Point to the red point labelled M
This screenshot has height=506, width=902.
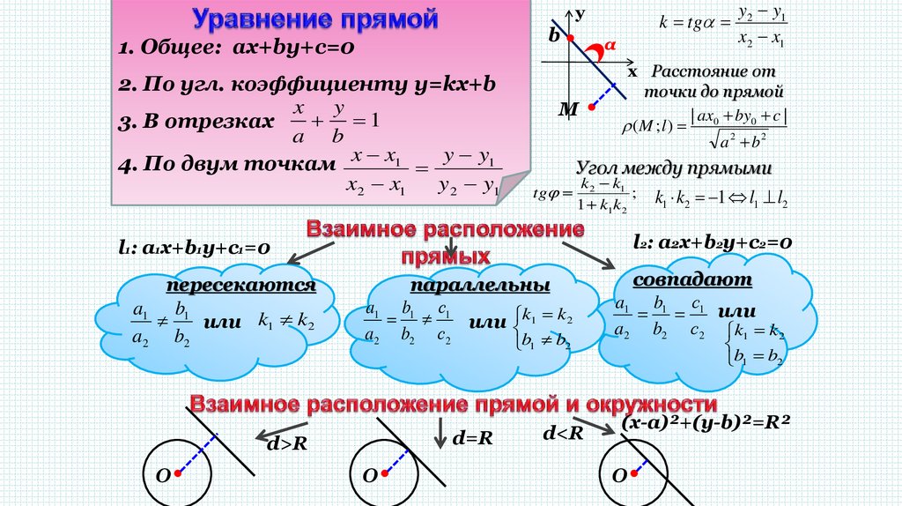tap(593, 105)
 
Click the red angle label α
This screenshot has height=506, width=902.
tap(608, 44)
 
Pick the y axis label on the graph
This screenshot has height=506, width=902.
tap(579, 14)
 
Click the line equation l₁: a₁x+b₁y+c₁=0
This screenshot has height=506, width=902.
tap(194, 249)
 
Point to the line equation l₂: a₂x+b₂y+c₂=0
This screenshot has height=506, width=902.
tap(713, 242)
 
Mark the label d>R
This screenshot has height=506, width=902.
tap(286, 443)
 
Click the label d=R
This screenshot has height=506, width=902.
tap(471, 437)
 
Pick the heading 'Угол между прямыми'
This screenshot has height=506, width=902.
tap(674, 168)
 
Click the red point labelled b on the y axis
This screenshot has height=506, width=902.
tap(571, 37)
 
